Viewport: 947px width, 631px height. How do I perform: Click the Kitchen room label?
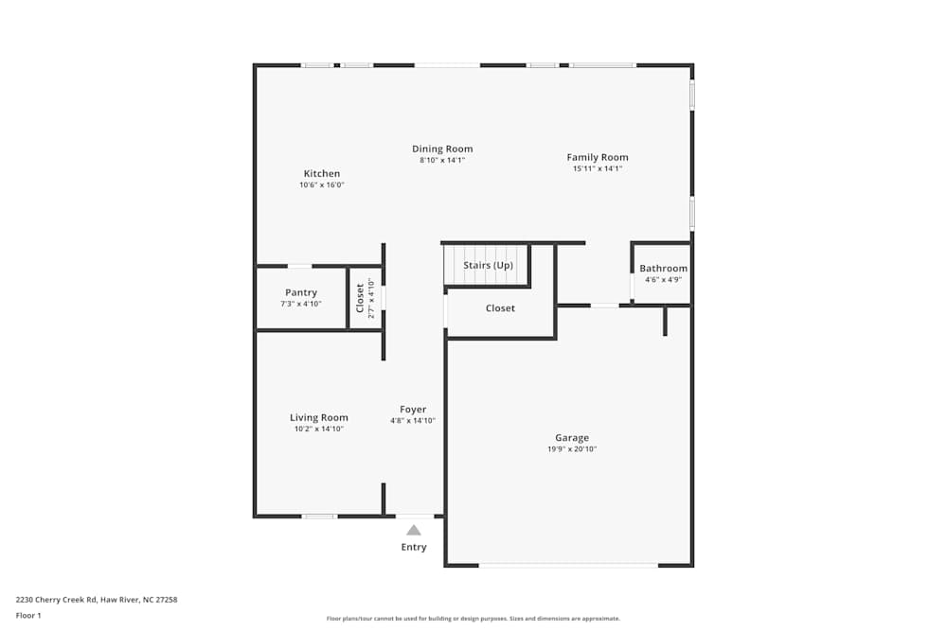point(321,173)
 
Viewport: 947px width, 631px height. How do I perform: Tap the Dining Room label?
point(442,149)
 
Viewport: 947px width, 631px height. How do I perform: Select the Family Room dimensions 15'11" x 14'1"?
point(598,169)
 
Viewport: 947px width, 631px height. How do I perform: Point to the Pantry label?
point(301,292)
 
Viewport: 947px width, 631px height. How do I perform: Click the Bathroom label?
point(663,269)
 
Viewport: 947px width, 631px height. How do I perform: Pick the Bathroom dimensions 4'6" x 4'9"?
point(663,280)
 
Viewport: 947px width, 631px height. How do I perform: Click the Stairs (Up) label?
point(488,266)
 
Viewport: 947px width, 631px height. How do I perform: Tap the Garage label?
point(572,438)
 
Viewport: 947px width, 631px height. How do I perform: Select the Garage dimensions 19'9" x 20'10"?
point(572,448)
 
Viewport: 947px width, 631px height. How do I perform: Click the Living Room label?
point(319,417)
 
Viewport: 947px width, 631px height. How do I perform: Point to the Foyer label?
point(413,410)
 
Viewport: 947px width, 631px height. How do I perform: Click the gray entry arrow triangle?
point(414,531)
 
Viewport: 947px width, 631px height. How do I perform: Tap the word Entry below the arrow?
point(414,547)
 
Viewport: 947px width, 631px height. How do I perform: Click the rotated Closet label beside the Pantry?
point(360,298)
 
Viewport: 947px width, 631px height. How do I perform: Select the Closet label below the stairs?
point(500,308)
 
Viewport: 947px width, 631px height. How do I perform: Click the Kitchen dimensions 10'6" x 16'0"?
point(321,185)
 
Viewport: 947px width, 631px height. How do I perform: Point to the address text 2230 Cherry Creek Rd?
point(56,600)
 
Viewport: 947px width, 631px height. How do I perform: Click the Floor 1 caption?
point(28,615)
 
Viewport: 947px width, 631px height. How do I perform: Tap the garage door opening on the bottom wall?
point(568,565)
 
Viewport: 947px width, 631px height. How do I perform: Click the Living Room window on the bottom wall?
point(319,517)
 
